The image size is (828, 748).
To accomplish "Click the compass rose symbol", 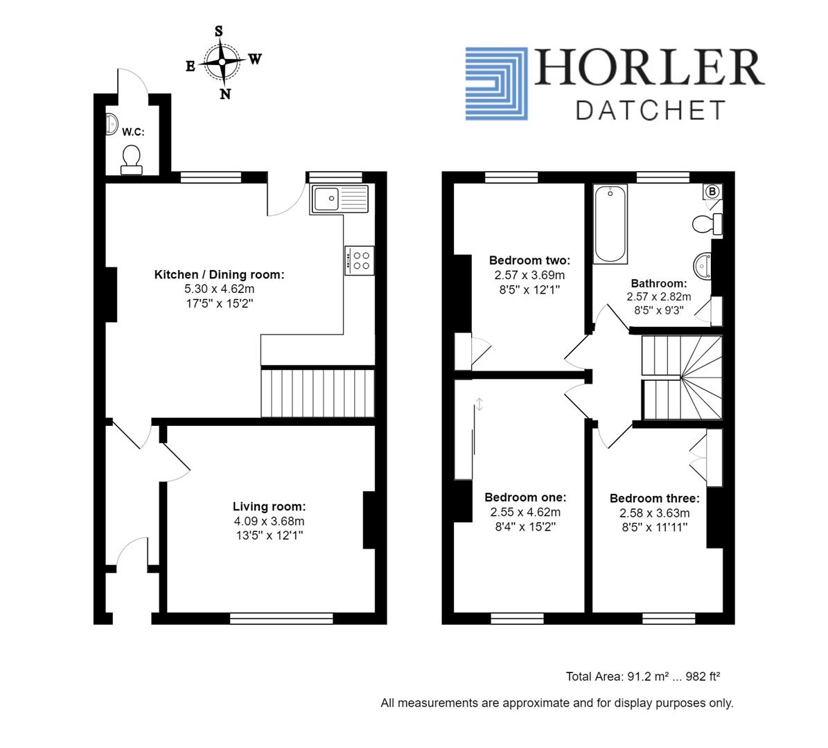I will pos(222,62).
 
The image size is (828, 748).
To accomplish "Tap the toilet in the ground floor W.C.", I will pos(131,159).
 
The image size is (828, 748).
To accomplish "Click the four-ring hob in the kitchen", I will pos(359,260).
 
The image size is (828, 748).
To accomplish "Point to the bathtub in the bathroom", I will pos(610,224).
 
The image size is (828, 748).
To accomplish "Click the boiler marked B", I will pos(712,191).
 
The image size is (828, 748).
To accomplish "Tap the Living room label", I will pos(269,507).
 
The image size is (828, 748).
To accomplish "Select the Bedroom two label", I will pos(529,260).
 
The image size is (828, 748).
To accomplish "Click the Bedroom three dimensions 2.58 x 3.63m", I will pos(654,513).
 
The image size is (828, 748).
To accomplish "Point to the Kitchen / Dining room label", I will pos(219,274).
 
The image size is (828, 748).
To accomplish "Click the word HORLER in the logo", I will pos(649,69).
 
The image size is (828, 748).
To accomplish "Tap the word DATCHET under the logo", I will pos(651,110).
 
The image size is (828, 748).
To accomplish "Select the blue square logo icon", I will pos(496,84).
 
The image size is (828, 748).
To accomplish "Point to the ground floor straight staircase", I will pos(317,393).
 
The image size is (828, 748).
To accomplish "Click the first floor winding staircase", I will pos(682,378).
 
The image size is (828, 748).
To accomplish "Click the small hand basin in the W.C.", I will pos(112,125).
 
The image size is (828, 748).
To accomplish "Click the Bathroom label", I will pos(658,283).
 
